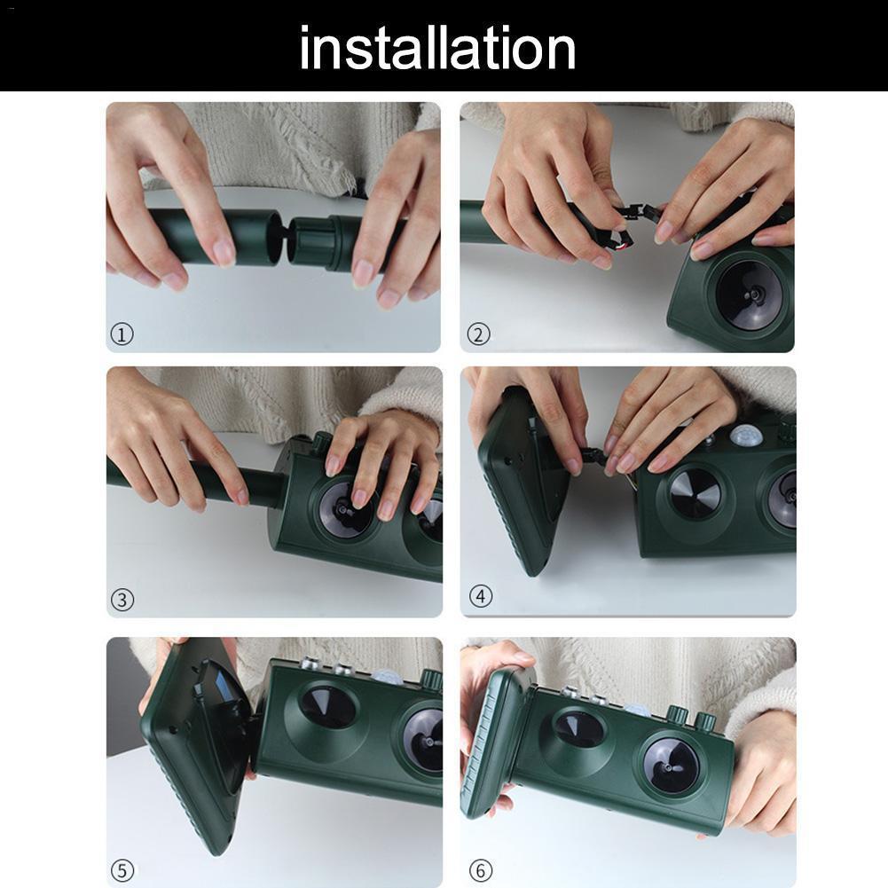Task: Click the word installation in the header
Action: click(x=437, y=49)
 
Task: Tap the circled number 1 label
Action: click(x=122, y=334)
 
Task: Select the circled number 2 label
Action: click(x=478, y=334)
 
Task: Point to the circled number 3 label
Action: click(x=122, y=600)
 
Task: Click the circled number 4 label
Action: click(x=480, y=596)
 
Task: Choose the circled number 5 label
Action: click(x=123, y=869)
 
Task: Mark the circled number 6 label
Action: click(x=480, y=870)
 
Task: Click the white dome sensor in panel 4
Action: click(x=745, y=436)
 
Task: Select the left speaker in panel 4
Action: click(x=695, y=493)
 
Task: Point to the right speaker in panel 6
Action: click(x=671, y=765)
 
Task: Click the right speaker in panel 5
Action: click(x=424, y=739)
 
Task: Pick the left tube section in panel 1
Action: click(x=208, y=236)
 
